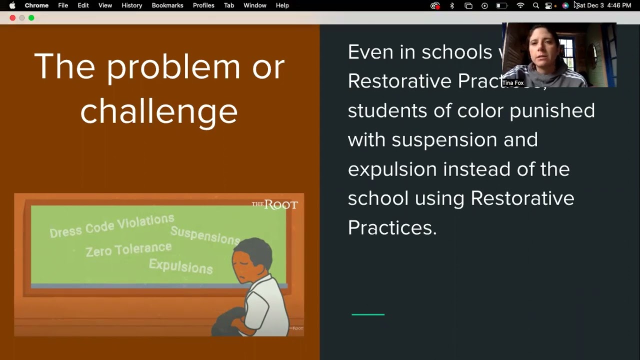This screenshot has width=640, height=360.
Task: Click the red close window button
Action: [x=12, y=18]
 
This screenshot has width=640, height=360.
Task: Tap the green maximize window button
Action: [x=31, y=18]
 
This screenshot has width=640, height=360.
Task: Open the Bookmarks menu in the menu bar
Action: [x=167, y=5]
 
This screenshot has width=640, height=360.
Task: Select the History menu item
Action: [x=132, y=5]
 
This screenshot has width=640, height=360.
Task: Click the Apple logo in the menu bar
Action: [x=12, y=5]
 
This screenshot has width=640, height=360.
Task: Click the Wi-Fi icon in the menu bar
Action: [x=520, y=5]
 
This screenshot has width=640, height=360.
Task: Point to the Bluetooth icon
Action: [x=452, y=5]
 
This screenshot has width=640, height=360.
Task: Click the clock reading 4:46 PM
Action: [x=619, y=5]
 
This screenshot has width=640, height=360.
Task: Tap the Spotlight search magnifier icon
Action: [x=536, y=5]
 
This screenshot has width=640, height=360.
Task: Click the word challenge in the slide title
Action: [x=159, y=111]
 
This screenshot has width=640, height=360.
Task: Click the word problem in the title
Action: [x=173, y=66]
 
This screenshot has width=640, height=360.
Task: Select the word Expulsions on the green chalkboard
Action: [x=180, y=265]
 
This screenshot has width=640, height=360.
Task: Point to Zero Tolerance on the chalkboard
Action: [x=128, y=249]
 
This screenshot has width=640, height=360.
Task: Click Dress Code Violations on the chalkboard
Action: [x=112, y=225]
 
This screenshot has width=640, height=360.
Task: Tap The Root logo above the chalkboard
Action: [x=274, y=204]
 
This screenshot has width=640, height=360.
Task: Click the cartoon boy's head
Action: [x=252, y=257]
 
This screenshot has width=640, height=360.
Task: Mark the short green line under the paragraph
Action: [x=368, y=314]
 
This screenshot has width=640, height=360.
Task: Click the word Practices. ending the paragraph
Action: [x=392, y=227]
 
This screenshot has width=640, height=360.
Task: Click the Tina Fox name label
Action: [x=513, y=83]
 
